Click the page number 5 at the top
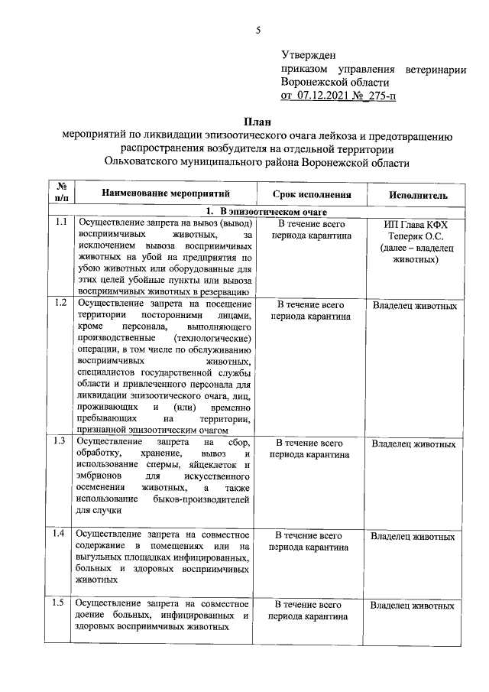click(258, 31)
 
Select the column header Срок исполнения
click(309, 195)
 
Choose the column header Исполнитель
click(418, 195)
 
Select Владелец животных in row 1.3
click(413, 443)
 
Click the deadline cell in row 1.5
click(309, 610)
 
